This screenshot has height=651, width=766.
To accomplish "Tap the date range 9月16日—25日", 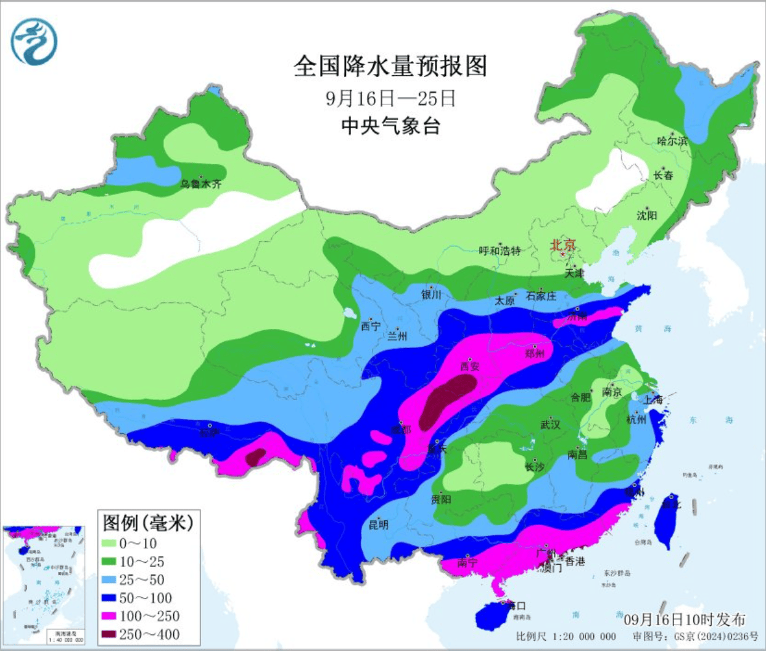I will click(390, 98).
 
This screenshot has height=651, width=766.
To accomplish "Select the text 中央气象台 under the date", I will click(390, 126).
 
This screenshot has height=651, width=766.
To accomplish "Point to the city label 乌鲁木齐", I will click(200, 183).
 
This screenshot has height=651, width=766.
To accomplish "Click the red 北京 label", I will click(562, 244).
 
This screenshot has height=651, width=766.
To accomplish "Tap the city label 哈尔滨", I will click(672, 141).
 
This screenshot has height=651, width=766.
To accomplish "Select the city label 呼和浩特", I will click(500, 251).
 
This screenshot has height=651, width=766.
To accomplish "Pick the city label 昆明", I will click(378, 525).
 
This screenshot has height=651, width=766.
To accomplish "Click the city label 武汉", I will click(550, 425).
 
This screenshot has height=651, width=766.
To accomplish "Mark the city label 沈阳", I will click(647, 215).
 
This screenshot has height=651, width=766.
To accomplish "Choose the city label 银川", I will click(431, 295).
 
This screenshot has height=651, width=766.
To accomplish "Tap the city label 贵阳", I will click(441, 499).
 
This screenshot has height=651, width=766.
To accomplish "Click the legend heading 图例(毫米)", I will click(148, 523).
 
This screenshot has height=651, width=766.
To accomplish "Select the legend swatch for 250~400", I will click(109, 634).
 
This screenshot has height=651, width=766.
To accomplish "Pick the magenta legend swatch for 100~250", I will click(109, 616).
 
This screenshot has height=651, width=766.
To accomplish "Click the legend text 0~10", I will click(138, 544).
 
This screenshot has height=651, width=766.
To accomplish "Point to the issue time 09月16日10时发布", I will click(684, 620).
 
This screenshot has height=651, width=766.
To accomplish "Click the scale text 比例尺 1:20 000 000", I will click(566, 636).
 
